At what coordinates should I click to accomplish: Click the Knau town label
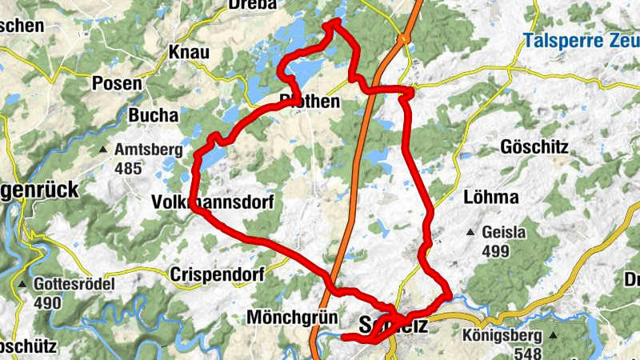pyautogui.click(x=189, y=53)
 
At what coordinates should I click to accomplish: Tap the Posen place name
pyautogui.click(x=117, y=82)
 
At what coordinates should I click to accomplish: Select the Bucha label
pyautogui.click(x=153, y=115)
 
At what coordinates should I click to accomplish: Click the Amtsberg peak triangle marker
pyautogui.click(x=103, y=150)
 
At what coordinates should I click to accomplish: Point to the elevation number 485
pyautogui.click(x=127, y=168)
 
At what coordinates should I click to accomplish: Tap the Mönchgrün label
pyautogui.click(x=293, y=316)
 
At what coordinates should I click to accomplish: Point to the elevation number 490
pyautogui.click(x=47, y=303)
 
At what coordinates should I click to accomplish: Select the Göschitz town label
pyautogui.click(x=534, y=147)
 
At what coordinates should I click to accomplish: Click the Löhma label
pyautogui.click(x=491, y=197)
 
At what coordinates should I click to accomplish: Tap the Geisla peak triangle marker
pyautogui.click(x=471, y=233)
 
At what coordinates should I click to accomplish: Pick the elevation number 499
pyautogui.click(x=495, y=251)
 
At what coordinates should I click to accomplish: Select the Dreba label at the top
pyautogui.click(x=251, y=5)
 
